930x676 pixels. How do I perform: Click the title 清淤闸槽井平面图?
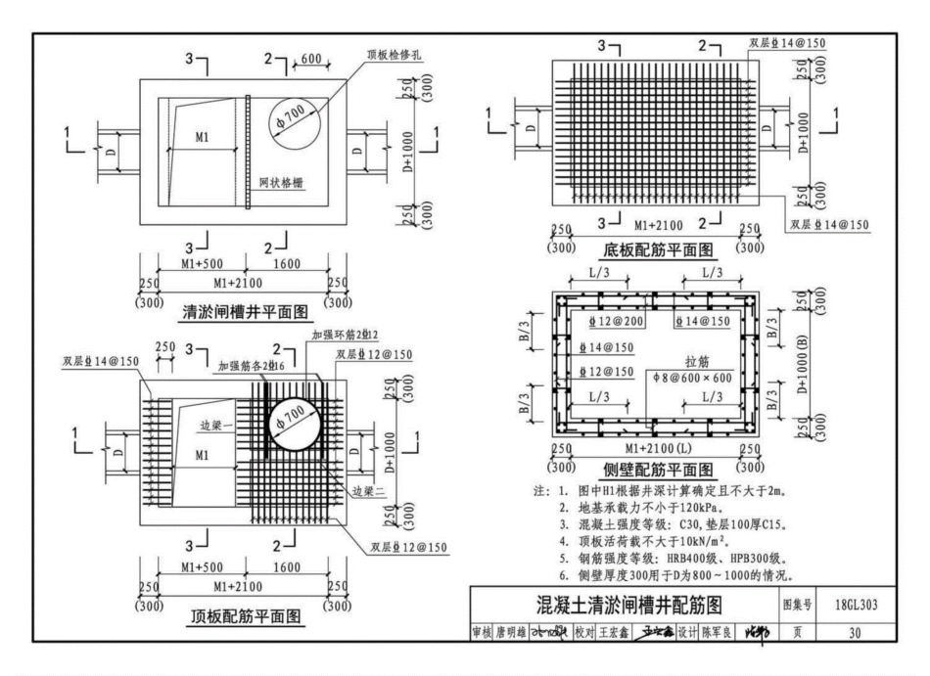coord(246,313)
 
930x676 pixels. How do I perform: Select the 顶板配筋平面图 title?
coord(246,615)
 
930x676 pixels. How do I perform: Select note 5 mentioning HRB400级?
coord(675,559)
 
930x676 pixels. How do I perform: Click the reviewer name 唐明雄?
coord(512,633)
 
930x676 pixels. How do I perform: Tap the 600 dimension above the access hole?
coord(311,61)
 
